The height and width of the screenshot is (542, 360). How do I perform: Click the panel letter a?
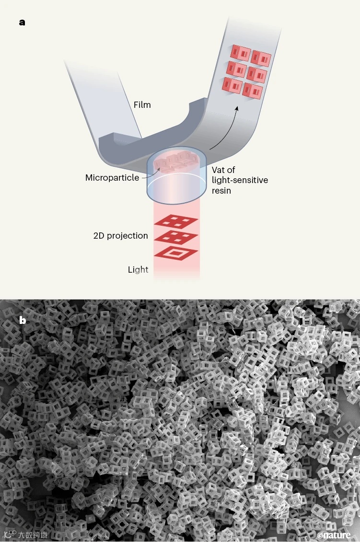(x=22, y=23)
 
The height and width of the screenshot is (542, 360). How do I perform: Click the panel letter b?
(x=23, y=321)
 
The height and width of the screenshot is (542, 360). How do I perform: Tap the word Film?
(x=142, y=104)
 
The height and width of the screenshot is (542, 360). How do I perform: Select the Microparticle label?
(x=112, y=178)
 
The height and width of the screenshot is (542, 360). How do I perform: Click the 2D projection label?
(x=121, y=236)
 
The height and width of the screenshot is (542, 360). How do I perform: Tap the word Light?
(x=138, y=269)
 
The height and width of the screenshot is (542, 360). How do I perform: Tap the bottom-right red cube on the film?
(x=253, y=90)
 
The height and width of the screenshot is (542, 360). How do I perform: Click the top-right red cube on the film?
(x=262, y=58)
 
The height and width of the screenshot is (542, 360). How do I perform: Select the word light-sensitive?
(x=240, y=180)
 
